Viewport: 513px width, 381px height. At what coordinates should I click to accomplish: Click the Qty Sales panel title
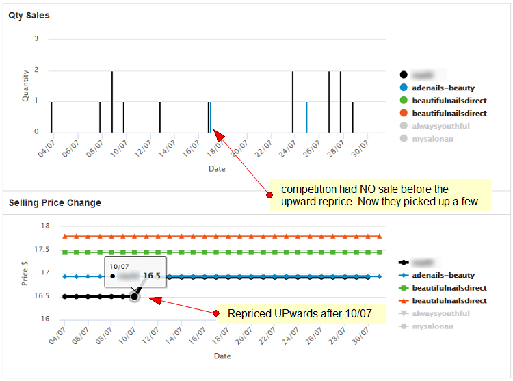[x=29, y=15]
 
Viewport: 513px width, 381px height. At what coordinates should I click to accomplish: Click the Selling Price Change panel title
[x=55, y=202]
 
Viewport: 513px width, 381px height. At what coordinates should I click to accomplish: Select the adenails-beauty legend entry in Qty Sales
[x=443, y=88]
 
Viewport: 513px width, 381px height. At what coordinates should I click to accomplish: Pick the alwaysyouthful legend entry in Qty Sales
[x=440, y=126]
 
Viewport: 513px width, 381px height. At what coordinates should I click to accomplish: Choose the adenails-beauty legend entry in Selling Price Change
[x=443, y=275]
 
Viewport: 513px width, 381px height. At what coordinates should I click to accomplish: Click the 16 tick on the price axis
[x=45, y=319]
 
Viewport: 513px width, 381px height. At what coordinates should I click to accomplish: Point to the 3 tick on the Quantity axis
[x=36, y=39]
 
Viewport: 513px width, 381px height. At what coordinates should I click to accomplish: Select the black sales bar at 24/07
[x=293, y=101]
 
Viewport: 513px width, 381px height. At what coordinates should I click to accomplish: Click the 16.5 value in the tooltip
[x=151, y=276]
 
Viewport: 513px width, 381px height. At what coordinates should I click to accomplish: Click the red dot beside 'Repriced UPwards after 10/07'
[x=217, y=314]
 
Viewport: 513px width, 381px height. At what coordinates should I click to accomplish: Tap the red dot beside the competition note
[x=269, y=195]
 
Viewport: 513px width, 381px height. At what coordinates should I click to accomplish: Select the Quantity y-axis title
[x=26, y=86]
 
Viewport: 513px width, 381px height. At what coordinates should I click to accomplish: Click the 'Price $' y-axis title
[x=26, y=272]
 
